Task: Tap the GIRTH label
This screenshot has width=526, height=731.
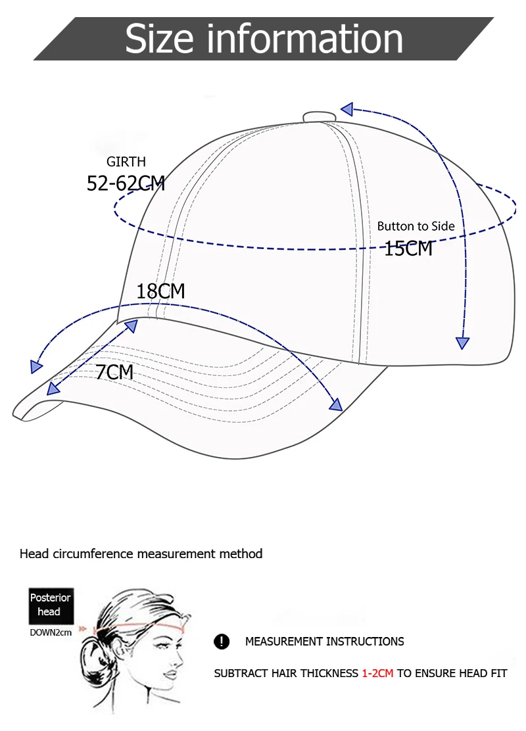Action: pos(126,162)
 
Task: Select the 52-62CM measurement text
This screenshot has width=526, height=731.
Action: pos(126,183)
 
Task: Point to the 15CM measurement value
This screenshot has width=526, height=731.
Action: pos(408,248)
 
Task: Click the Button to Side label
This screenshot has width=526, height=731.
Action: pos(416,226)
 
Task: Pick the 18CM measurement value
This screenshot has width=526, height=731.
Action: pos(160,291)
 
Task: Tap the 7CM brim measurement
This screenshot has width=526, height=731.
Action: pos(114,372)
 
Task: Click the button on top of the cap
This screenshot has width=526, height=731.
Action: pos(319,117)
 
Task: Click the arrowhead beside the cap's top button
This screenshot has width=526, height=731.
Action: pos(347,109)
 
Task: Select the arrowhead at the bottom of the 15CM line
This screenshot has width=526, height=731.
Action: pos(463,342)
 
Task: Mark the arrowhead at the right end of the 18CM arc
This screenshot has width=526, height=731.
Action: pos(336,404)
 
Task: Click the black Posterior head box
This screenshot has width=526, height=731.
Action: pos(49,605)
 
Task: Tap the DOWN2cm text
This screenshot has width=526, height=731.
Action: pos(51,633)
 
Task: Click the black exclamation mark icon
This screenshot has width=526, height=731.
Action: pos(222,642)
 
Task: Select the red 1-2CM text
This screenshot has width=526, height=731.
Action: pos(377,674)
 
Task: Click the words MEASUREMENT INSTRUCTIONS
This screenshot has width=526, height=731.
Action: pos(325,642)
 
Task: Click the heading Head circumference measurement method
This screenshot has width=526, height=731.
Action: pos(141,554)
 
